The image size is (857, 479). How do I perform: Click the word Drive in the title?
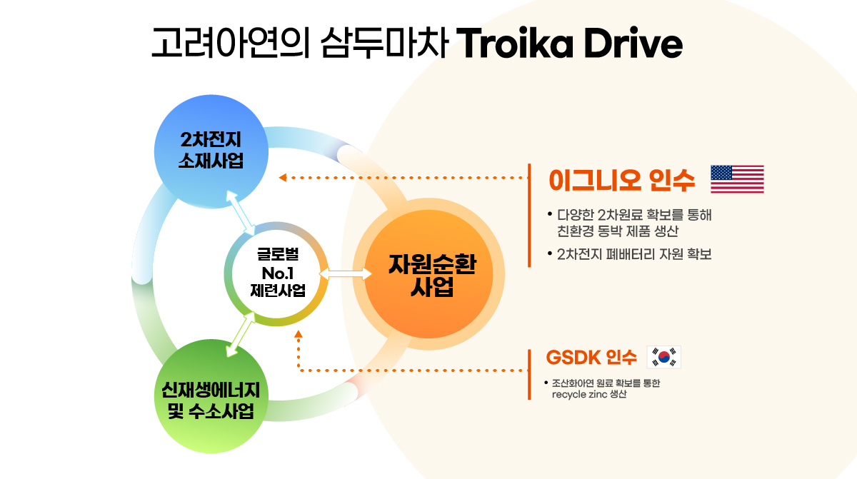[x=633, y=42]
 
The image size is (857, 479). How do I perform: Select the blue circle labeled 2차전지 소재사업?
[x=211, y=151]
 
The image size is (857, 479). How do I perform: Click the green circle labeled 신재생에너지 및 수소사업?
[x=211, y=396]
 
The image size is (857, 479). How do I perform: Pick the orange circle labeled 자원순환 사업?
[x=428, y=274]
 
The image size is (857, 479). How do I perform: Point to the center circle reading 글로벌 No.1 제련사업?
[x=276, y=273]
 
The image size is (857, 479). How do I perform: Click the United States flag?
[x=737, y=179]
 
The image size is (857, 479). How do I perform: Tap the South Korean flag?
[x=663, y=357]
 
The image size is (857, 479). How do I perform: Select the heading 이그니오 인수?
[x=622, y=180]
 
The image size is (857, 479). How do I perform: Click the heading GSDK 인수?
[x=591, y=358]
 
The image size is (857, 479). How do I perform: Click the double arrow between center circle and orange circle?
[x=346, y=273]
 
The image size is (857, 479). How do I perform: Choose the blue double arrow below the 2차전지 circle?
[x=240, y=213]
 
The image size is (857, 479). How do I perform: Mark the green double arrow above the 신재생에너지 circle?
[x=241, y=335]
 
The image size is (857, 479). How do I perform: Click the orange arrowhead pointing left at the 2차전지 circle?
[x=283, y=177]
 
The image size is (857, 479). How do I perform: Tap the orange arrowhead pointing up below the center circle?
[x=299, y=334]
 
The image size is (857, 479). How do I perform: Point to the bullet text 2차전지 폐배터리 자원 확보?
[x=634, y=254]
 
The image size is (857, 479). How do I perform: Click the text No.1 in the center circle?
[x=277, y=273]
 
